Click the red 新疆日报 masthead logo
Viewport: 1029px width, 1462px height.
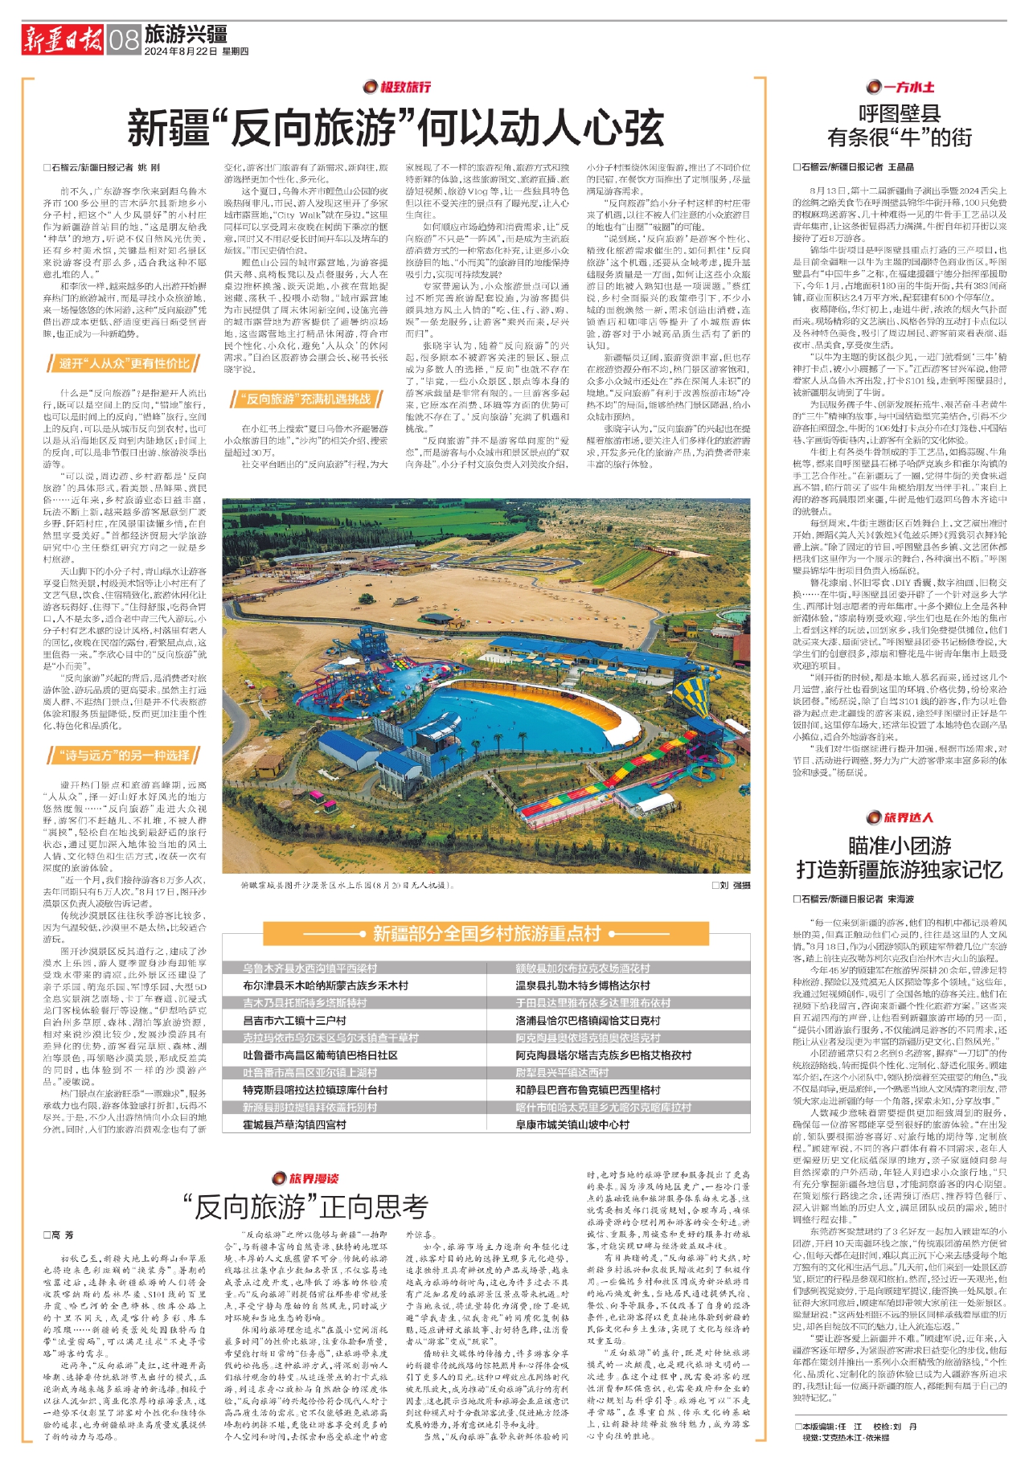[63, 39]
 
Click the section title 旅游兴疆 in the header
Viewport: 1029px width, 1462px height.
[186, 34]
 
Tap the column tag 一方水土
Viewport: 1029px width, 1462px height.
[900, 87]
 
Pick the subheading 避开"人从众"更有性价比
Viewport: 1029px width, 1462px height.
[125, 364]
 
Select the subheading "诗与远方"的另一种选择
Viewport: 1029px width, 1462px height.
[125, 755]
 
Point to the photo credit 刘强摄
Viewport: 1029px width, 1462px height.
[730, 885]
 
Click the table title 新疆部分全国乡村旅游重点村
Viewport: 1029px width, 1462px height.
[486, 934]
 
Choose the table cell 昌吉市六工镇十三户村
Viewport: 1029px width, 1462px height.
[294, 1020]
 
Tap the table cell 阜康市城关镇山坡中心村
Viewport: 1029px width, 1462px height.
[572, 1124]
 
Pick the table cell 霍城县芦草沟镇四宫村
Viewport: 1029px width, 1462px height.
[294, 1124]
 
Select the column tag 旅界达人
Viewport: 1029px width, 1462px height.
[900, 817]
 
